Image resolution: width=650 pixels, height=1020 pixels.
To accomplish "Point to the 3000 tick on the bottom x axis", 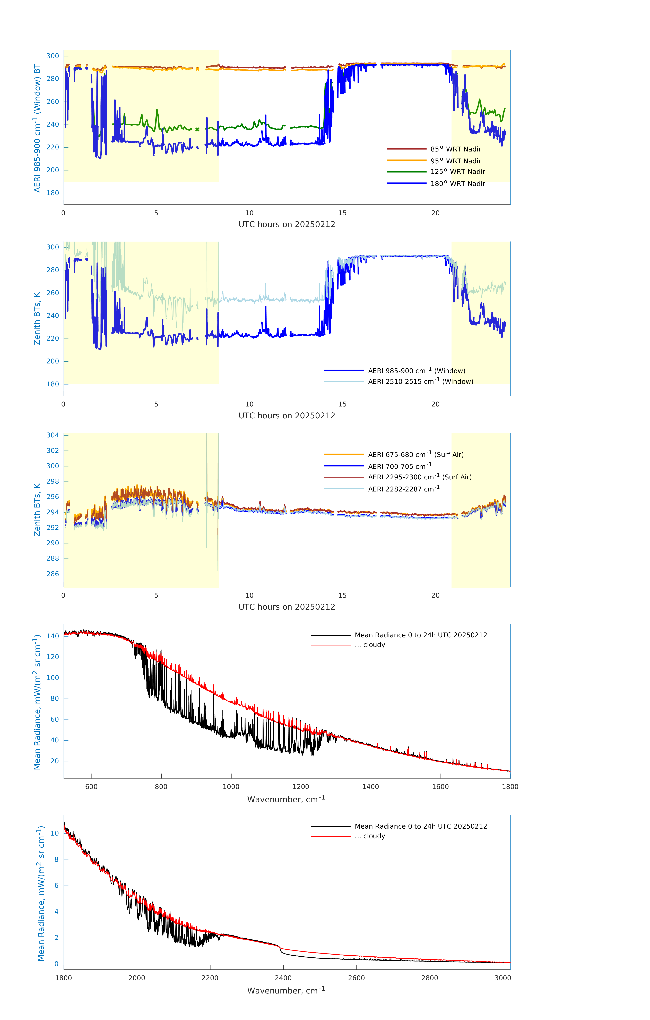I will click(503, 978).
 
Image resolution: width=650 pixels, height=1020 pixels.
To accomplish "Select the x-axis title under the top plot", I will click(287, 225).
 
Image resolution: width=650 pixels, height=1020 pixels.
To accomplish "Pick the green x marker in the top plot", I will click(197, 129).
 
